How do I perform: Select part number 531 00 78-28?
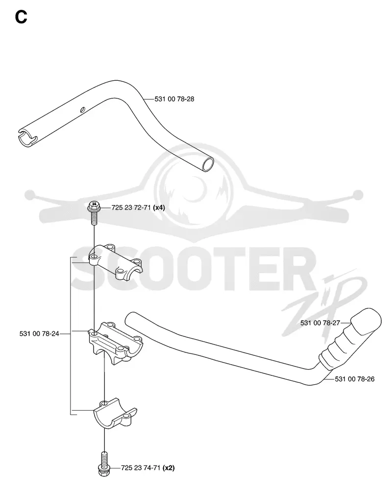[x=174, y=99]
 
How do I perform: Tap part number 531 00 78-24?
[x=39, y=334]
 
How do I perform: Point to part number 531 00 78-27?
[x=320, y=323]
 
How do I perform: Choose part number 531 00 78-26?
[x=355, y=379]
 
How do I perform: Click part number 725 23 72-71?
[x=131, y=207]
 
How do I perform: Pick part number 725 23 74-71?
[x=141, y=468]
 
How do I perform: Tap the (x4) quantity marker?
[x=159, y=207]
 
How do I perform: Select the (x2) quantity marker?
[x=169, y=468]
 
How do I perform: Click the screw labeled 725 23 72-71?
[x=94, y=213]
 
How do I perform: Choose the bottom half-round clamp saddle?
[x=115, y=413]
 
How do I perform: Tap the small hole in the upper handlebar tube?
[x=83, y=109]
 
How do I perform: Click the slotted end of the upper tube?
[x=27, y=137]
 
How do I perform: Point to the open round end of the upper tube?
[x=208, y=164]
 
